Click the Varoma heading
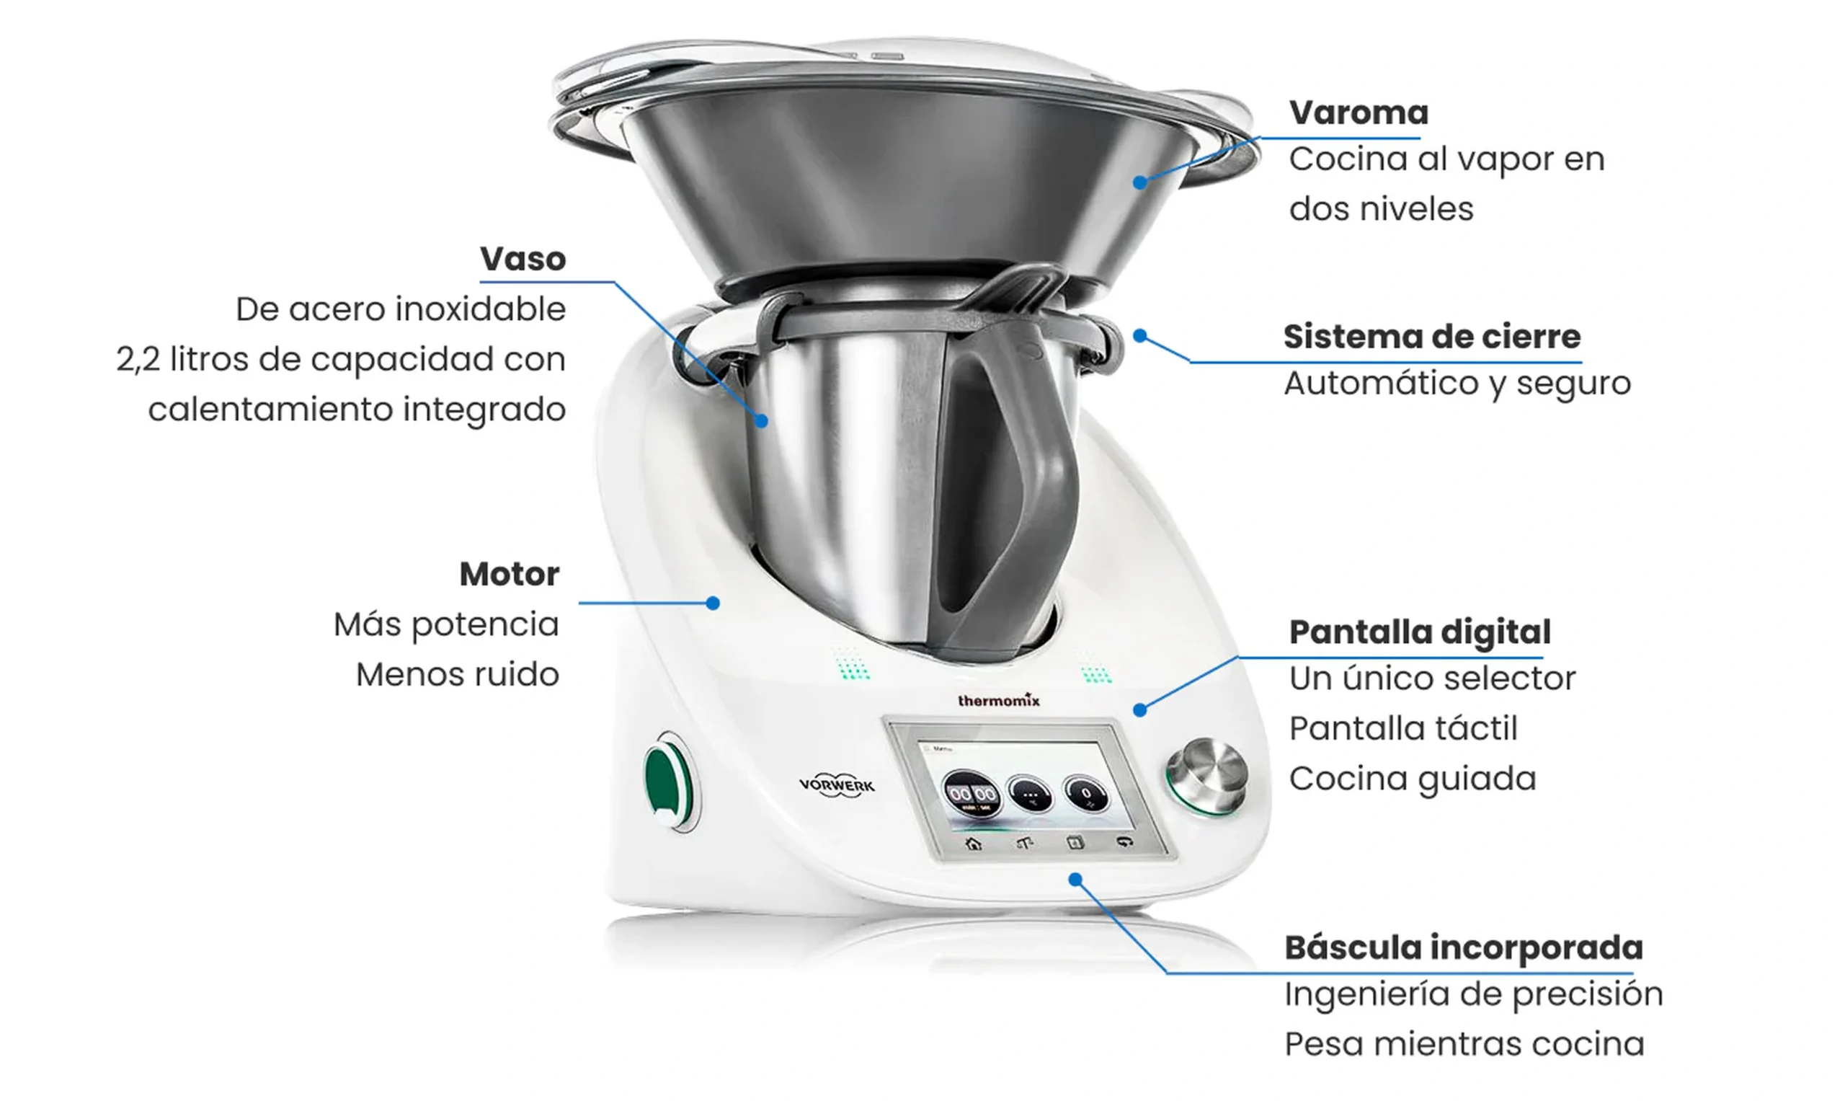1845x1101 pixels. [1359, 112]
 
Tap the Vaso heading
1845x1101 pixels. [523, 259]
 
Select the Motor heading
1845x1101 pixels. [510, 574]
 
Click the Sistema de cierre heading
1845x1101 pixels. [1432, 337]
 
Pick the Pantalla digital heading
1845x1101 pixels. [1420, 632]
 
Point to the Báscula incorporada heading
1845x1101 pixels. [1464, 947]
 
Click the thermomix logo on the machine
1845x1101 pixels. [998, 700]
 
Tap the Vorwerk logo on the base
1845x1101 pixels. [837, 785]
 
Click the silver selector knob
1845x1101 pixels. [1207, 777]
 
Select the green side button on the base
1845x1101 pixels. [669, 782]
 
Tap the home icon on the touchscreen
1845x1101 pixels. [974, 844]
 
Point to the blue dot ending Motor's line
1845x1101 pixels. [713, 603]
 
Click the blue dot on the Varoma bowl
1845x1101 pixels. [1139, 182]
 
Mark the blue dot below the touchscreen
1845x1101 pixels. [1075, 880]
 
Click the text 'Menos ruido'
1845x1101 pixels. [458, 674]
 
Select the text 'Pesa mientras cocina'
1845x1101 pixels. [1464, 1045]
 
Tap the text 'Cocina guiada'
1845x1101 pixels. [1413, 779]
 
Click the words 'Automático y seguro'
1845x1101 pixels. [1458, 384]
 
